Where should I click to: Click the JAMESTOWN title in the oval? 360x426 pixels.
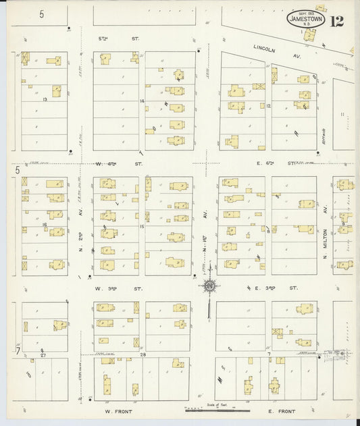tap(307, 20)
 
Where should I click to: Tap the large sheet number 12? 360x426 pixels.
tap(337, 20)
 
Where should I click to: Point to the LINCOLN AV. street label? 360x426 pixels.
tap(271, 48)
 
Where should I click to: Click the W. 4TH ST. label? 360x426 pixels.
tap(110, 163)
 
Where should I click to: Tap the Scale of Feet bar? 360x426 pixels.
tap(217, 408)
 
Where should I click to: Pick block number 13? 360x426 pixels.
tap(45, 99)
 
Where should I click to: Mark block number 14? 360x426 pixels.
tap(142, 101)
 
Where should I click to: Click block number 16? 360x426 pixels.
tap(45, 225)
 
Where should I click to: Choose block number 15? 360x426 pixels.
tap(142, 226)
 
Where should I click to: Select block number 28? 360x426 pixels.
tap(143, 354)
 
